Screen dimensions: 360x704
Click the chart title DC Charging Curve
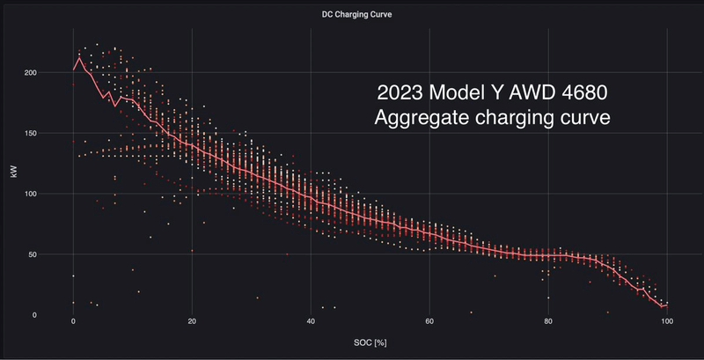point(352,15)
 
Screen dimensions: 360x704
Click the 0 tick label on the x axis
point(74,323)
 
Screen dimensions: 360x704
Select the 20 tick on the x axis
point(192,323)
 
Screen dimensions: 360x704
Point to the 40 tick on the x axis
point(311,323)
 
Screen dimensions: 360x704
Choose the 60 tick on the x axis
point(429,323)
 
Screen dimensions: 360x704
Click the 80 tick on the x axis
point(548,323)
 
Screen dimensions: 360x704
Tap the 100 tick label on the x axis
point(667,323)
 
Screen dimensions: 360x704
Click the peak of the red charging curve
point(79,59)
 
